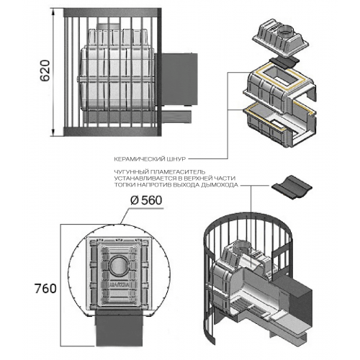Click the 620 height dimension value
coord(45,71)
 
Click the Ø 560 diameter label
coord(146,200)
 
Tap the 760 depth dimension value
coord(45,288)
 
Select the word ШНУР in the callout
coord(176,159)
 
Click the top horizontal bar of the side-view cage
coord(112,13)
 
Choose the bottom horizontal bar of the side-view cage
coord(112,132)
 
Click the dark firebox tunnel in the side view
coord(176,79)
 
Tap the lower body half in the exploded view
coord(279,128)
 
